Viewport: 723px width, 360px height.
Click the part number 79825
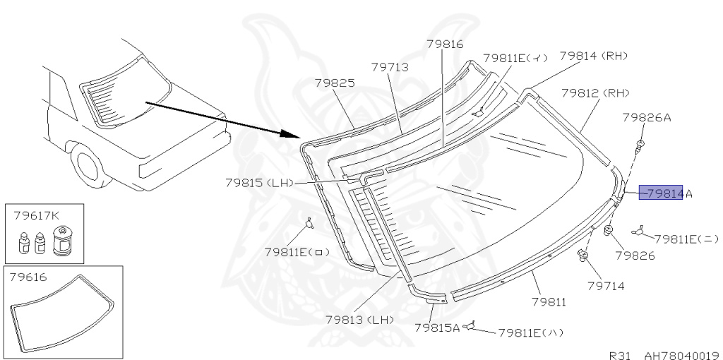coord(334,83)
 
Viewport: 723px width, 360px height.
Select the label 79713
coord(390,67)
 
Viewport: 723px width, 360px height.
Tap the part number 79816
coord(444,44)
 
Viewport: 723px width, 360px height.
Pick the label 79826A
coord(646,118)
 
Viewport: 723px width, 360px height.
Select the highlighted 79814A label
coord(664,193)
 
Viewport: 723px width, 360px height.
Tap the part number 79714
coord(605,286)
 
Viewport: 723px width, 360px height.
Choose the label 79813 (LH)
coord(359,320)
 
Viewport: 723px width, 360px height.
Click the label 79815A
coord(436,328)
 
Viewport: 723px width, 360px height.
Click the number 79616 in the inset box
coord(29,277)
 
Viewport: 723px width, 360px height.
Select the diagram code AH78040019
coord(679,354)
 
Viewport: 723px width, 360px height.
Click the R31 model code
coord(622,354)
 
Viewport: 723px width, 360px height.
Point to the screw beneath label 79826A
coord(640,147)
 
